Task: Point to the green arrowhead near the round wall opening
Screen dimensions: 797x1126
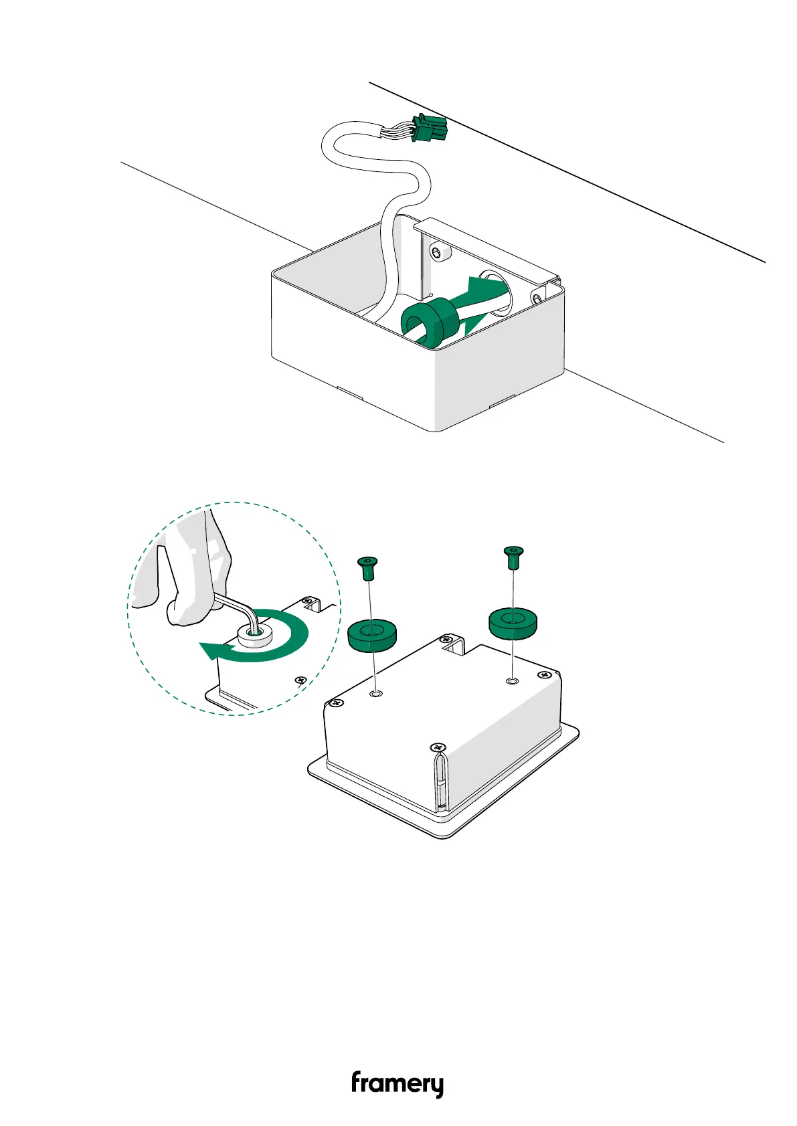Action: [485, 289]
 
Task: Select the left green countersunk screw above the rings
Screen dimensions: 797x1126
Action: [366, 567]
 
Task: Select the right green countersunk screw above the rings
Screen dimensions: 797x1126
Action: [513, 556]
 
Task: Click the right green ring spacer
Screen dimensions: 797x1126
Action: [513, 622]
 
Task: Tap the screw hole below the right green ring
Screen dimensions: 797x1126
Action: [513, 680]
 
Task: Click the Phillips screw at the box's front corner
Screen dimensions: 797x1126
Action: [438, 747]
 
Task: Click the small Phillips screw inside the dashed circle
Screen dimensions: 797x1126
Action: [300, 680]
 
